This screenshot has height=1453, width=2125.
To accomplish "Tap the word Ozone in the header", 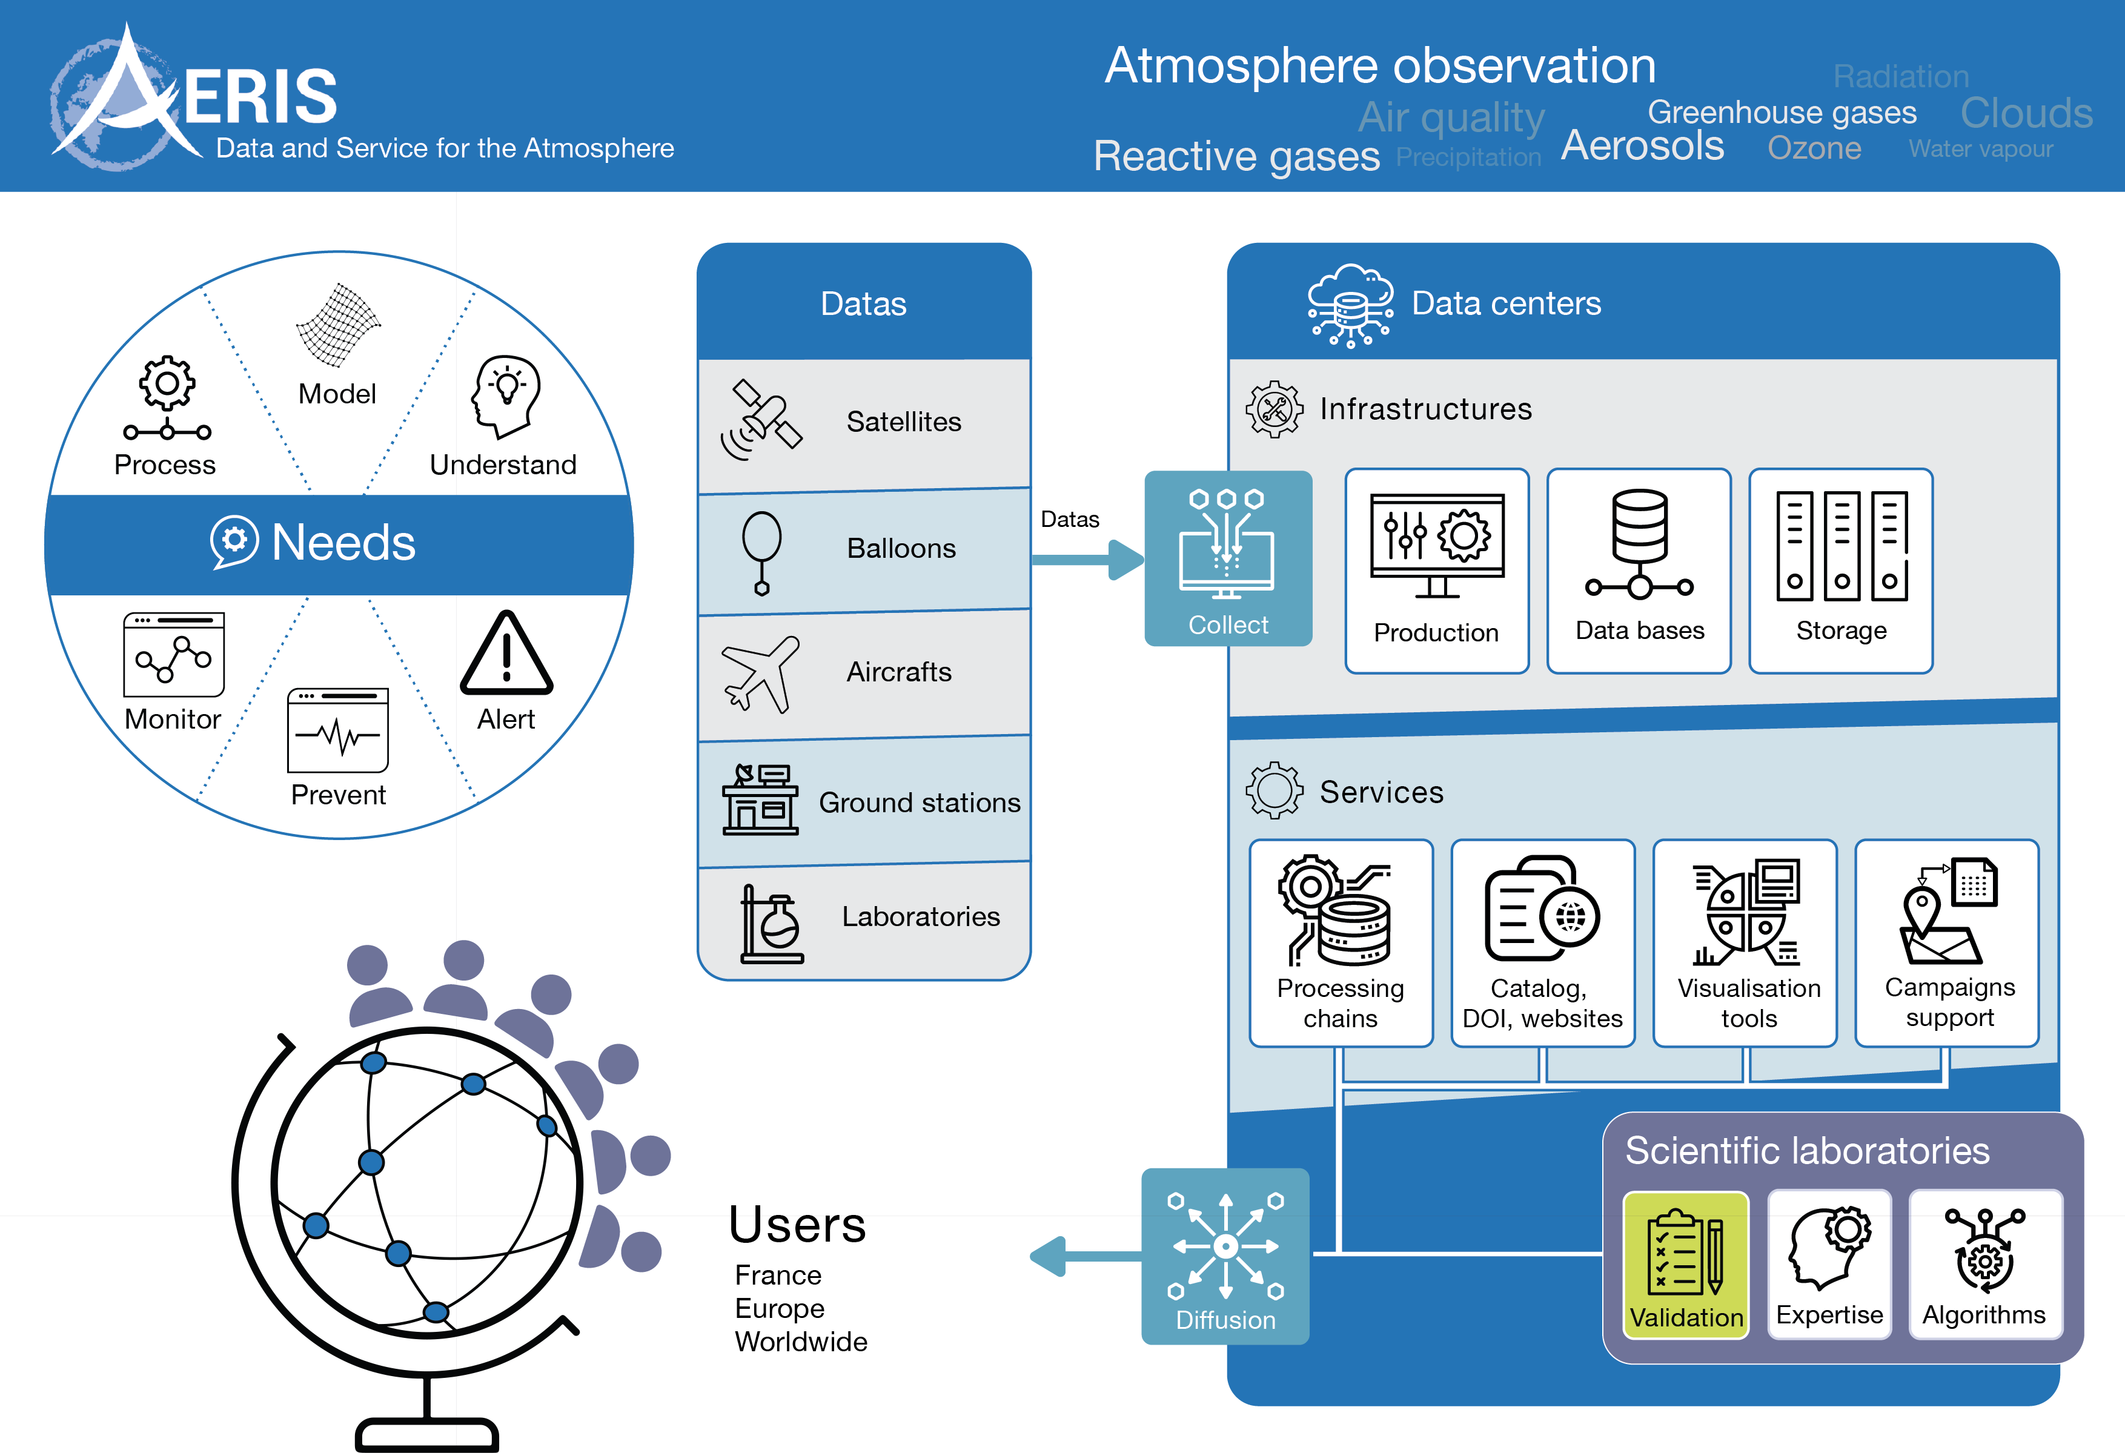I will click(x=1814, y=148).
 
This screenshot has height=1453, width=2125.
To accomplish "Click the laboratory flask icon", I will click(x=771, y=924).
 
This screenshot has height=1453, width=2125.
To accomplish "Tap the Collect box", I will click(x=1228, y=558).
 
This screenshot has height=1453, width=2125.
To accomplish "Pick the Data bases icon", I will click(x=1639, y=544).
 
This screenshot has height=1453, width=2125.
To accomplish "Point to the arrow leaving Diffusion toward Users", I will click(x=1084, y=1256).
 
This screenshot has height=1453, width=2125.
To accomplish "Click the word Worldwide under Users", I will click(x=801, y=1342).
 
